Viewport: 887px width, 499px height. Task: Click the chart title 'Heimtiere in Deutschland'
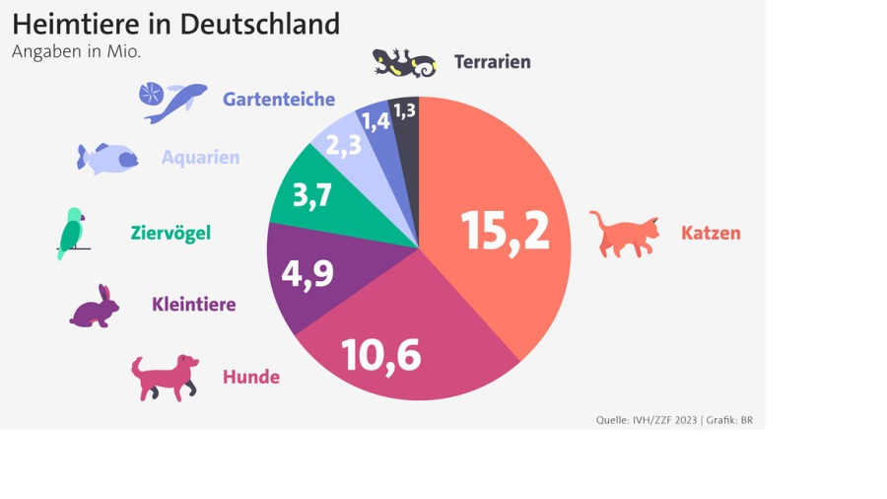[x=175, y=24]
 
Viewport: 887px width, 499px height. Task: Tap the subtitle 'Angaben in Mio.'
[x=76, y=52]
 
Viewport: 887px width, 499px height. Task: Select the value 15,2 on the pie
[x=505, y=231]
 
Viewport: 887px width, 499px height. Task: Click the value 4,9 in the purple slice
[x=307, y=273]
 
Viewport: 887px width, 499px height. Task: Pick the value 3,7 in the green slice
[x=313, y=195]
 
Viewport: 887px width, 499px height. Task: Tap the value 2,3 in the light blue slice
[x=343, y=146]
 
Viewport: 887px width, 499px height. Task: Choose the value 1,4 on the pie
[x=374, y=121]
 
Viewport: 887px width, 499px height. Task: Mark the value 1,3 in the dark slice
[x=404, y=110]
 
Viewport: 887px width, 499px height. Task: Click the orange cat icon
[x=625, y=234]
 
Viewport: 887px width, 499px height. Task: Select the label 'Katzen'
[x=711, y=234]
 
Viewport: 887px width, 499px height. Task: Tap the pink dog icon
[x=164, y=377]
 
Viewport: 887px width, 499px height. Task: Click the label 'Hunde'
[x=251, y=377]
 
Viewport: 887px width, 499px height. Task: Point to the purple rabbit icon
[x=96, y=308]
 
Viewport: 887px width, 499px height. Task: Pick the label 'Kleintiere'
[x=194, y=305]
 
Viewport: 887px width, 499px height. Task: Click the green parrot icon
[x=71, y=233]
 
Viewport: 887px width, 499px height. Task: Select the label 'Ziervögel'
[x=171, y=234]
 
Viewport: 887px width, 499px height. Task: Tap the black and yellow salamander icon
[x=404, y=63]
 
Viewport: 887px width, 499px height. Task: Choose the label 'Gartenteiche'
[x=279, y=100]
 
